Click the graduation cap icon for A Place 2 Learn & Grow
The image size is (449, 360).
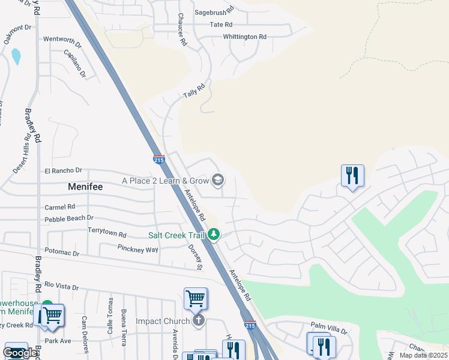[x=218, y=180]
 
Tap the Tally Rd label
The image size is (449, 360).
[x=194, y=91]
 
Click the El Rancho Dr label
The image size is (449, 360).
[x=63, y=171]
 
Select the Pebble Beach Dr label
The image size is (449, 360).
[x=69, y=218]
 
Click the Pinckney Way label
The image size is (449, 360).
[x=138, y=248]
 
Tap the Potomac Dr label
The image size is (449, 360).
[x=62, y=253]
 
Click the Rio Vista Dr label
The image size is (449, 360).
[x=62, y=287]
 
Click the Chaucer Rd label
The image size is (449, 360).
[x=182, y=31]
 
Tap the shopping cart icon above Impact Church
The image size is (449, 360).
[x=195, y=298]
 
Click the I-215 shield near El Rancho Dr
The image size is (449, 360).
[x=158, y=160]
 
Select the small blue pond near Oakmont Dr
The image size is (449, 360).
[x=16, y=56]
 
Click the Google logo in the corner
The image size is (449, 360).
[x=20, y=353]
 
